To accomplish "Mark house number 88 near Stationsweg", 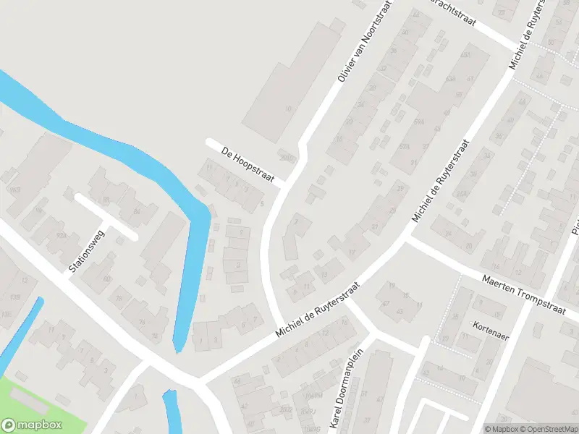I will click(x=106, y=200).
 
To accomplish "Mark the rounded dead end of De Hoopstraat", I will click(x=211, y=142).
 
